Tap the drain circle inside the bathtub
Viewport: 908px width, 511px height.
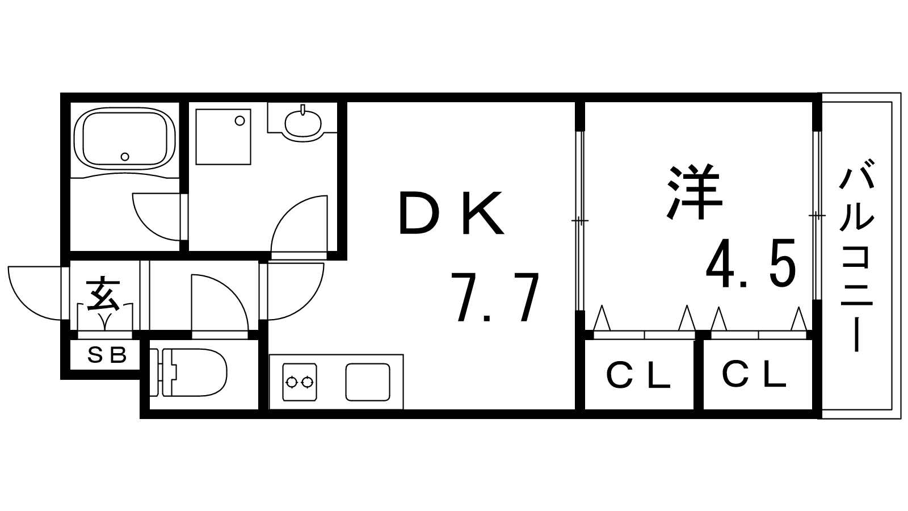[125, 156]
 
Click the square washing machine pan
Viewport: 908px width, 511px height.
[223, 137]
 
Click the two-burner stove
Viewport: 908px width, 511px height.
[299, 382]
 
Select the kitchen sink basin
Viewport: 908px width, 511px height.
[368, 382]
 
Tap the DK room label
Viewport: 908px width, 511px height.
[452, 214]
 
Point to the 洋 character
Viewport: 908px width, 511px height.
[694, 192]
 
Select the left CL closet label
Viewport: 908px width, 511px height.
[639, 376]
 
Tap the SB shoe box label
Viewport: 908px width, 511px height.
[106, 355]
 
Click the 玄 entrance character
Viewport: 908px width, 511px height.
[103, 294]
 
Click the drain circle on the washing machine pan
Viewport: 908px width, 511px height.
[240, 120]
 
